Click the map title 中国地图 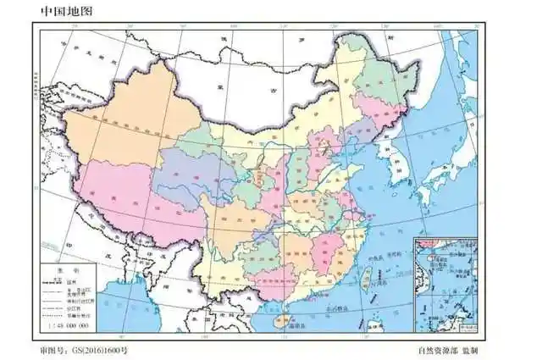63,11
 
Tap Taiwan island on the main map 368,278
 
